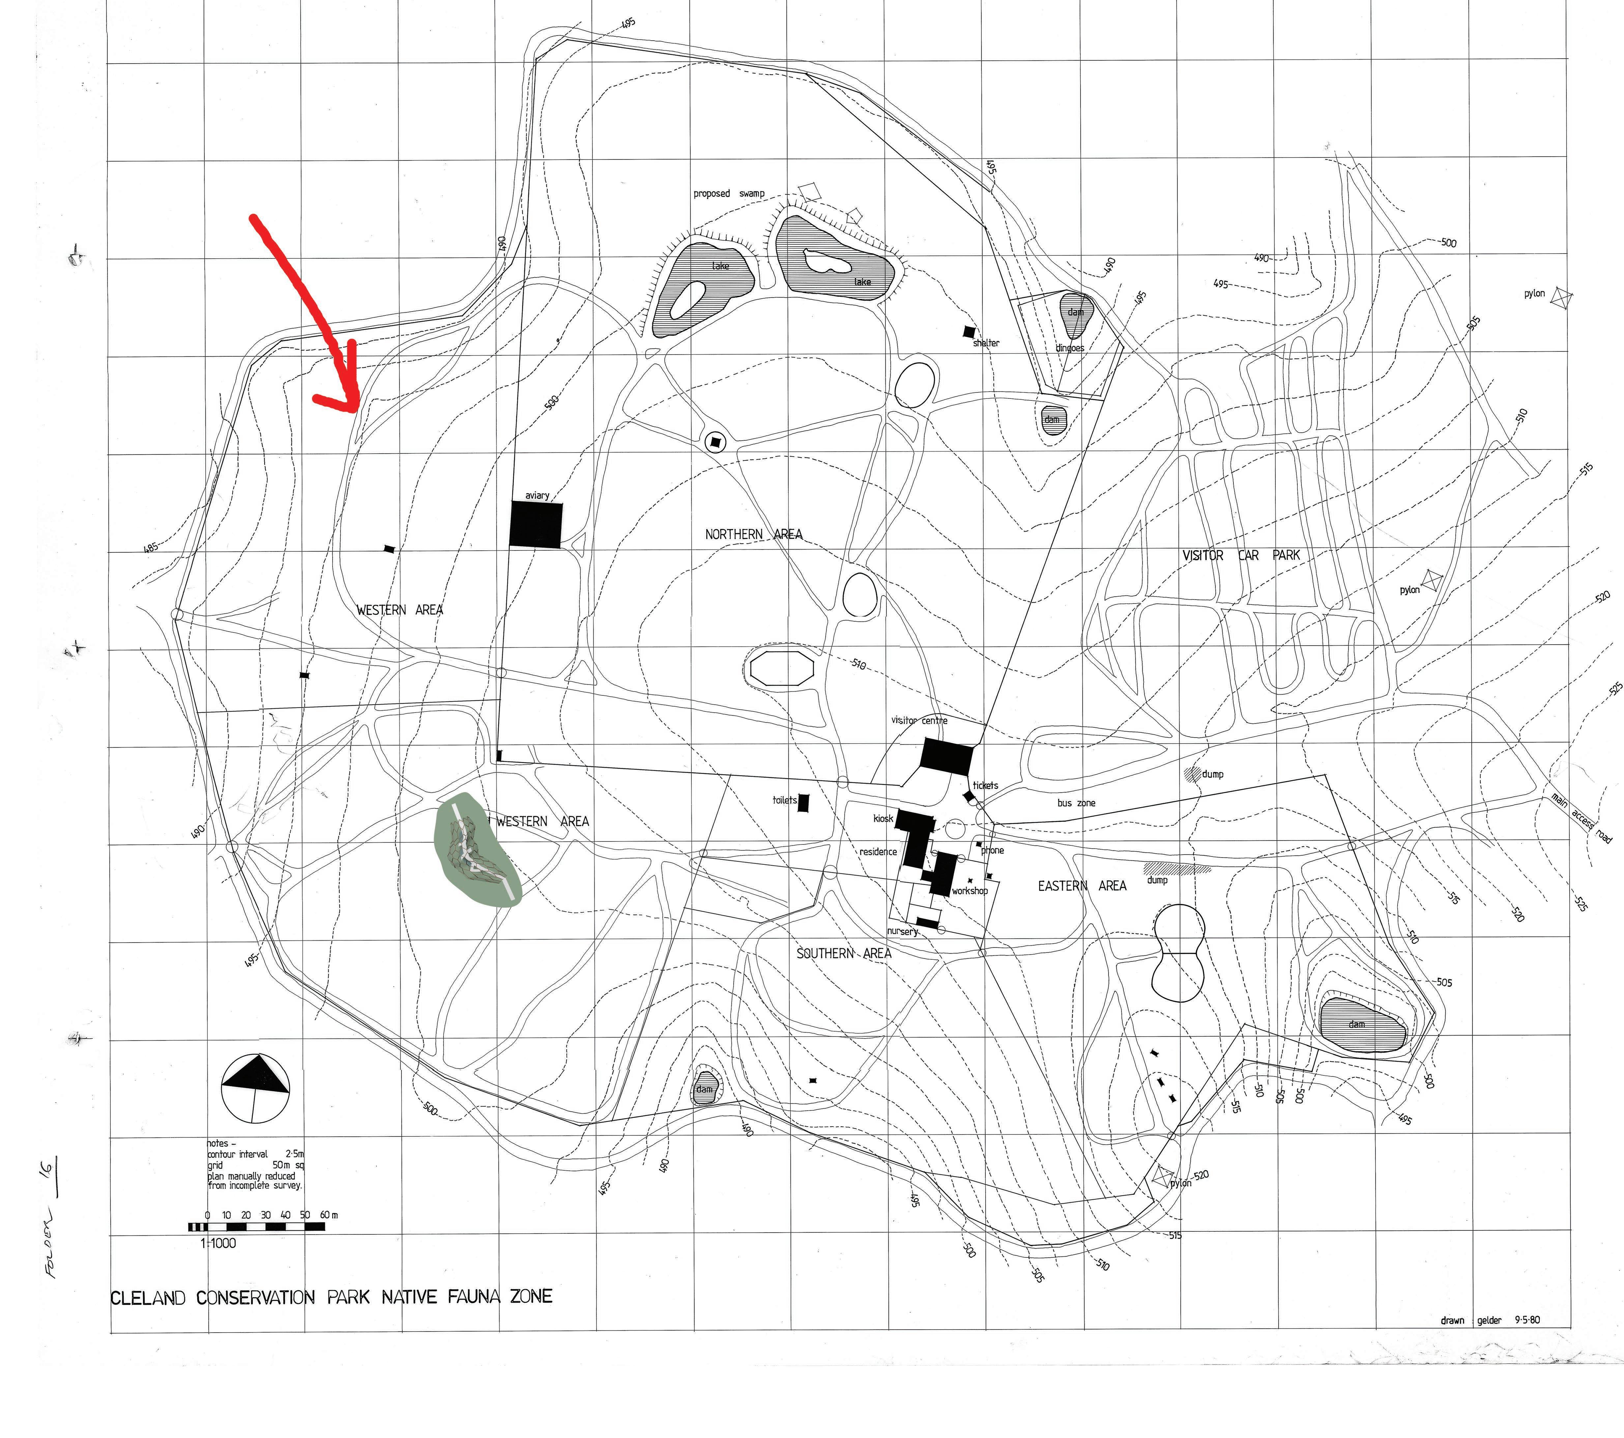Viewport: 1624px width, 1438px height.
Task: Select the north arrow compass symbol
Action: click(x=254, y=1088)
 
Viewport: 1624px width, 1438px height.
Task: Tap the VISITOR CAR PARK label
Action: click(x=1241, y=555)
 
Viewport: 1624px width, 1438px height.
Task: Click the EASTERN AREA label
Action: click(x=1081, y=886)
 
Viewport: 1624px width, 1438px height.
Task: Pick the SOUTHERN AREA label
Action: click(x=844, y=954)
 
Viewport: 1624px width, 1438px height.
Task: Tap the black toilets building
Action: click(x=803, y=803)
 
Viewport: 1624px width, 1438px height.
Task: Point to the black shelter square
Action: click(x=969, y=331)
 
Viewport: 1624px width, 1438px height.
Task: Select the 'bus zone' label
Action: click(x=1076, y=803)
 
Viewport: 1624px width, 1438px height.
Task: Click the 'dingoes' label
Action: click(x=1069, y=348)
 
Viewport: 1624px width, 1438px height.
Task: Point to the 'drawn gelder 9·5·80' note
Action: click(x=1490, y=1320)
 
